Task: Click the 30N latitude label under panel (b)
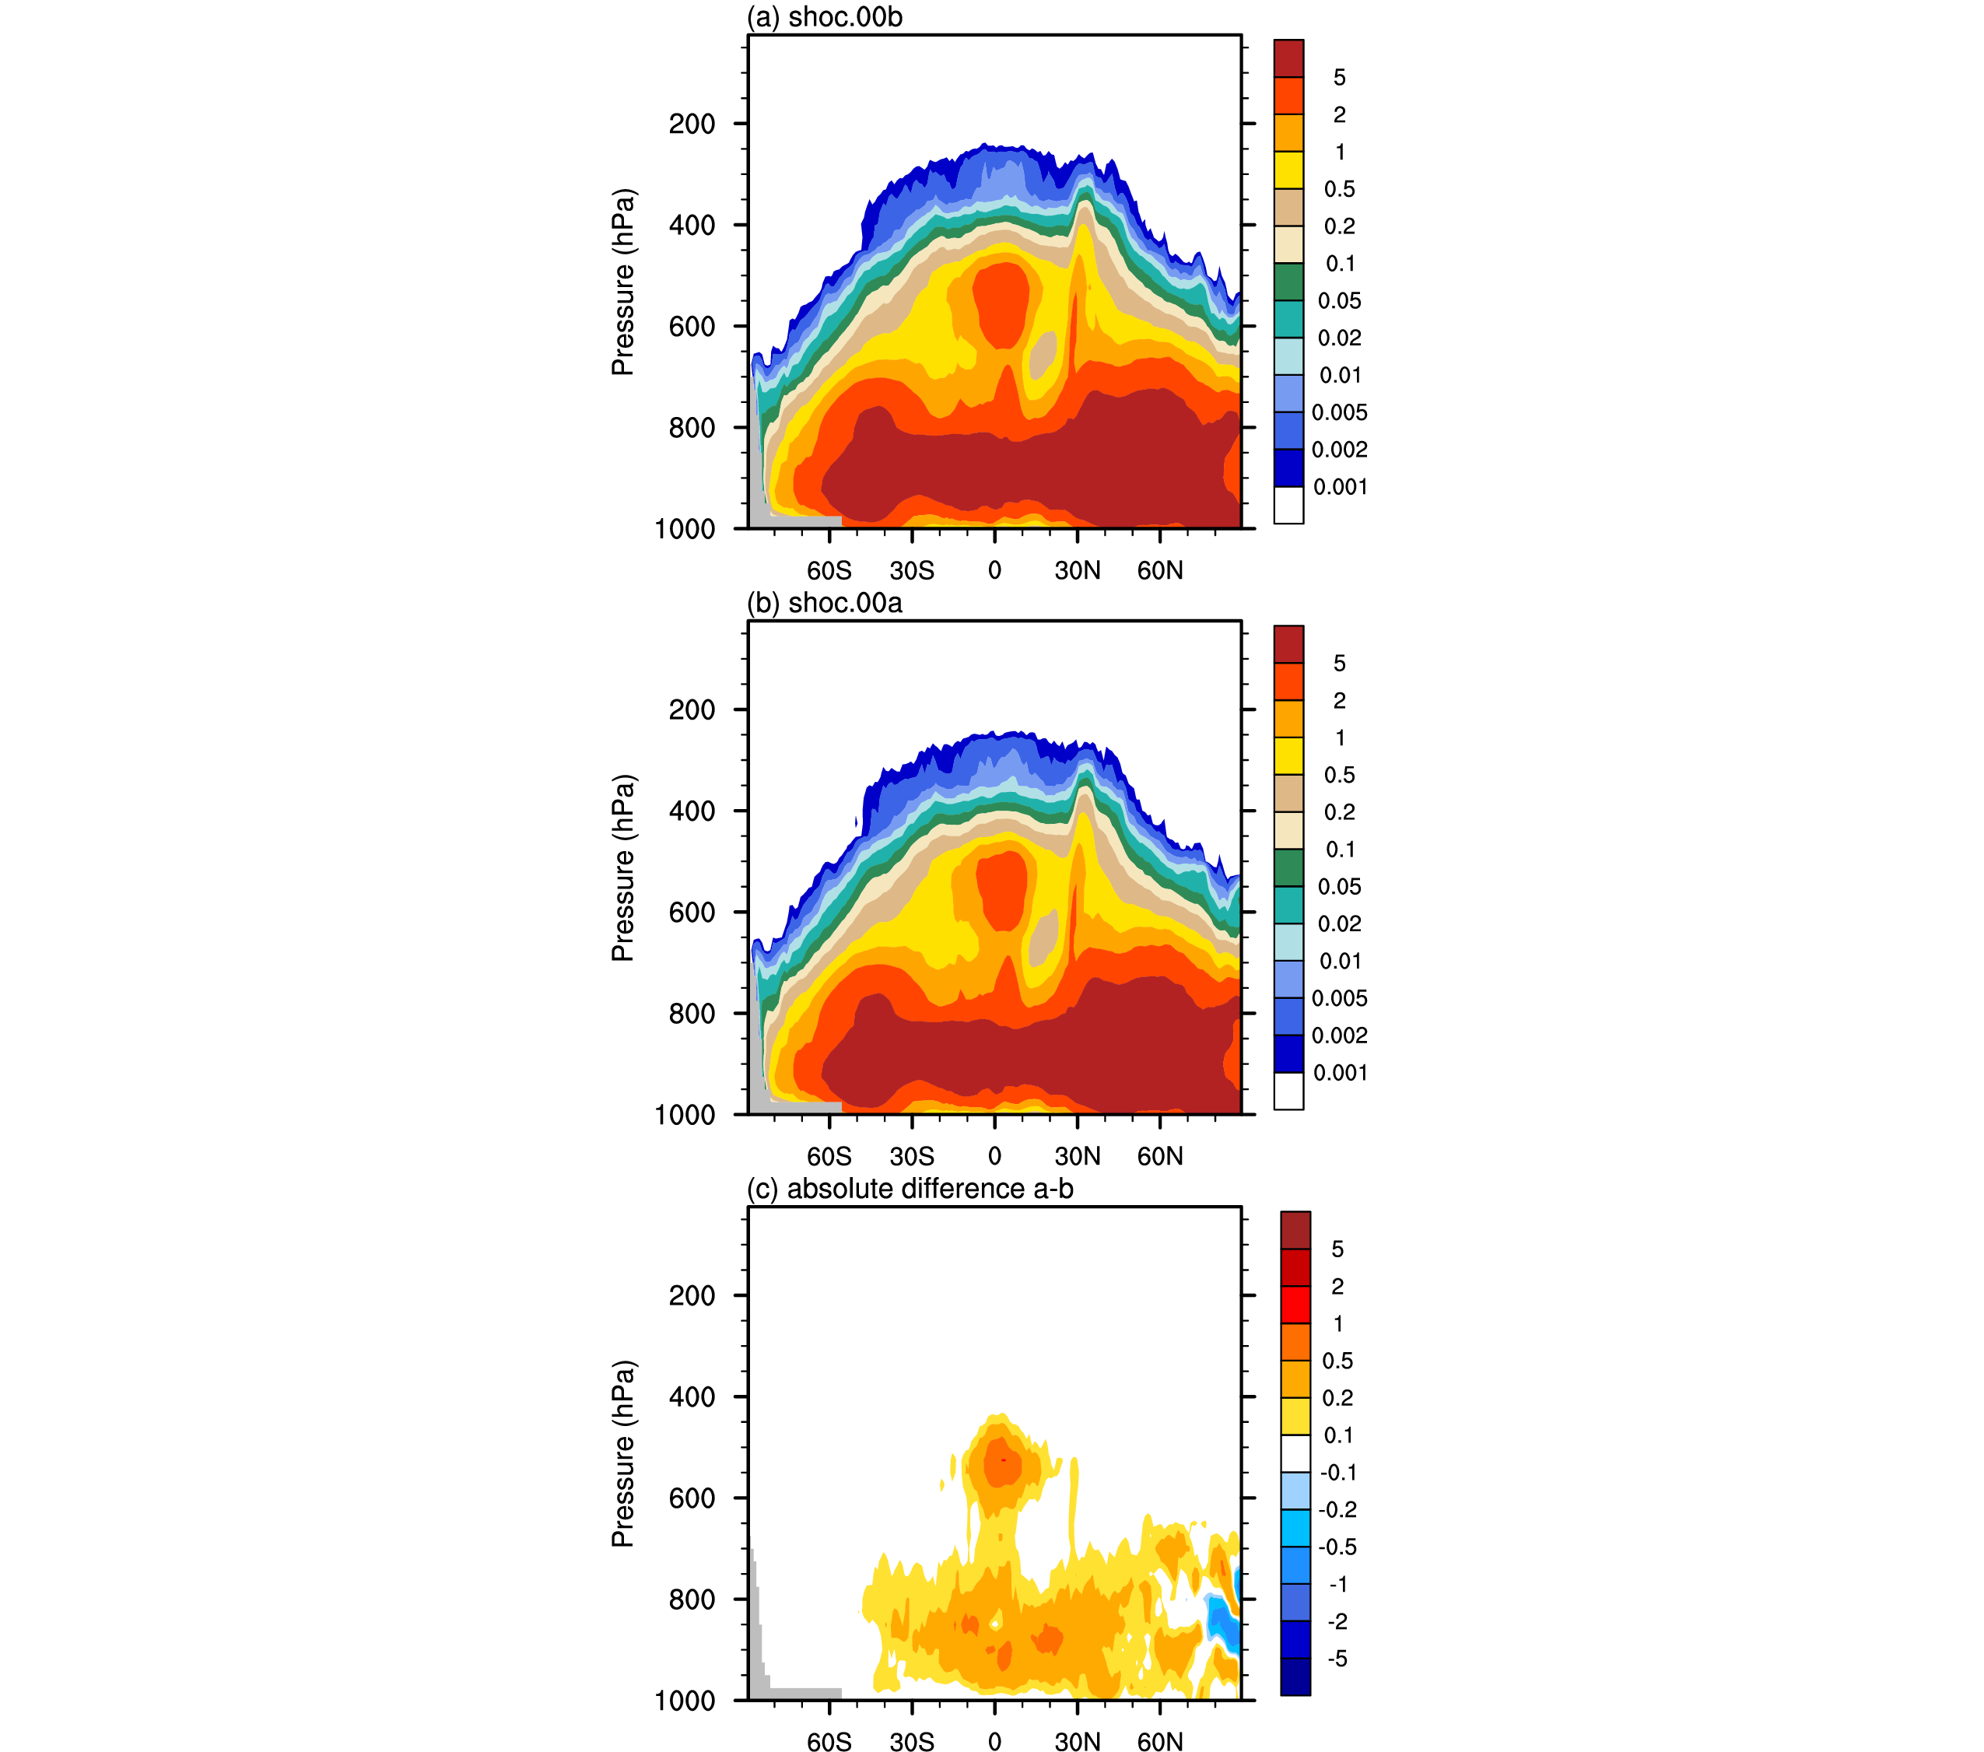click(1078, 1156)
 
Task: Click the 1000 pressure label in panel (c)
click(685, 1701)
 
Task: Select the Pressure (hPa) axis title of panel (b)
click(622, 867)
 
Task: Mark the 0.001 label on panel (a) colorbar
click(1340, 487)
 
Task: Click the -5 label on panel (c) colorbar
click(1337, 1659)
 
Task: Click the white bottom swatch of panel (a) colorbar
click(1288, 505)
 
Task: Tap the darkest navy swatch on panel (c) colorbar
click(1295, 1677)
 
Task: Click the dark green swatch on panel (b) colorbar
click(1288, 867)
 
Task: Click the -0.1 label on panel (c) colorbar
click(1337, 1473)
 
